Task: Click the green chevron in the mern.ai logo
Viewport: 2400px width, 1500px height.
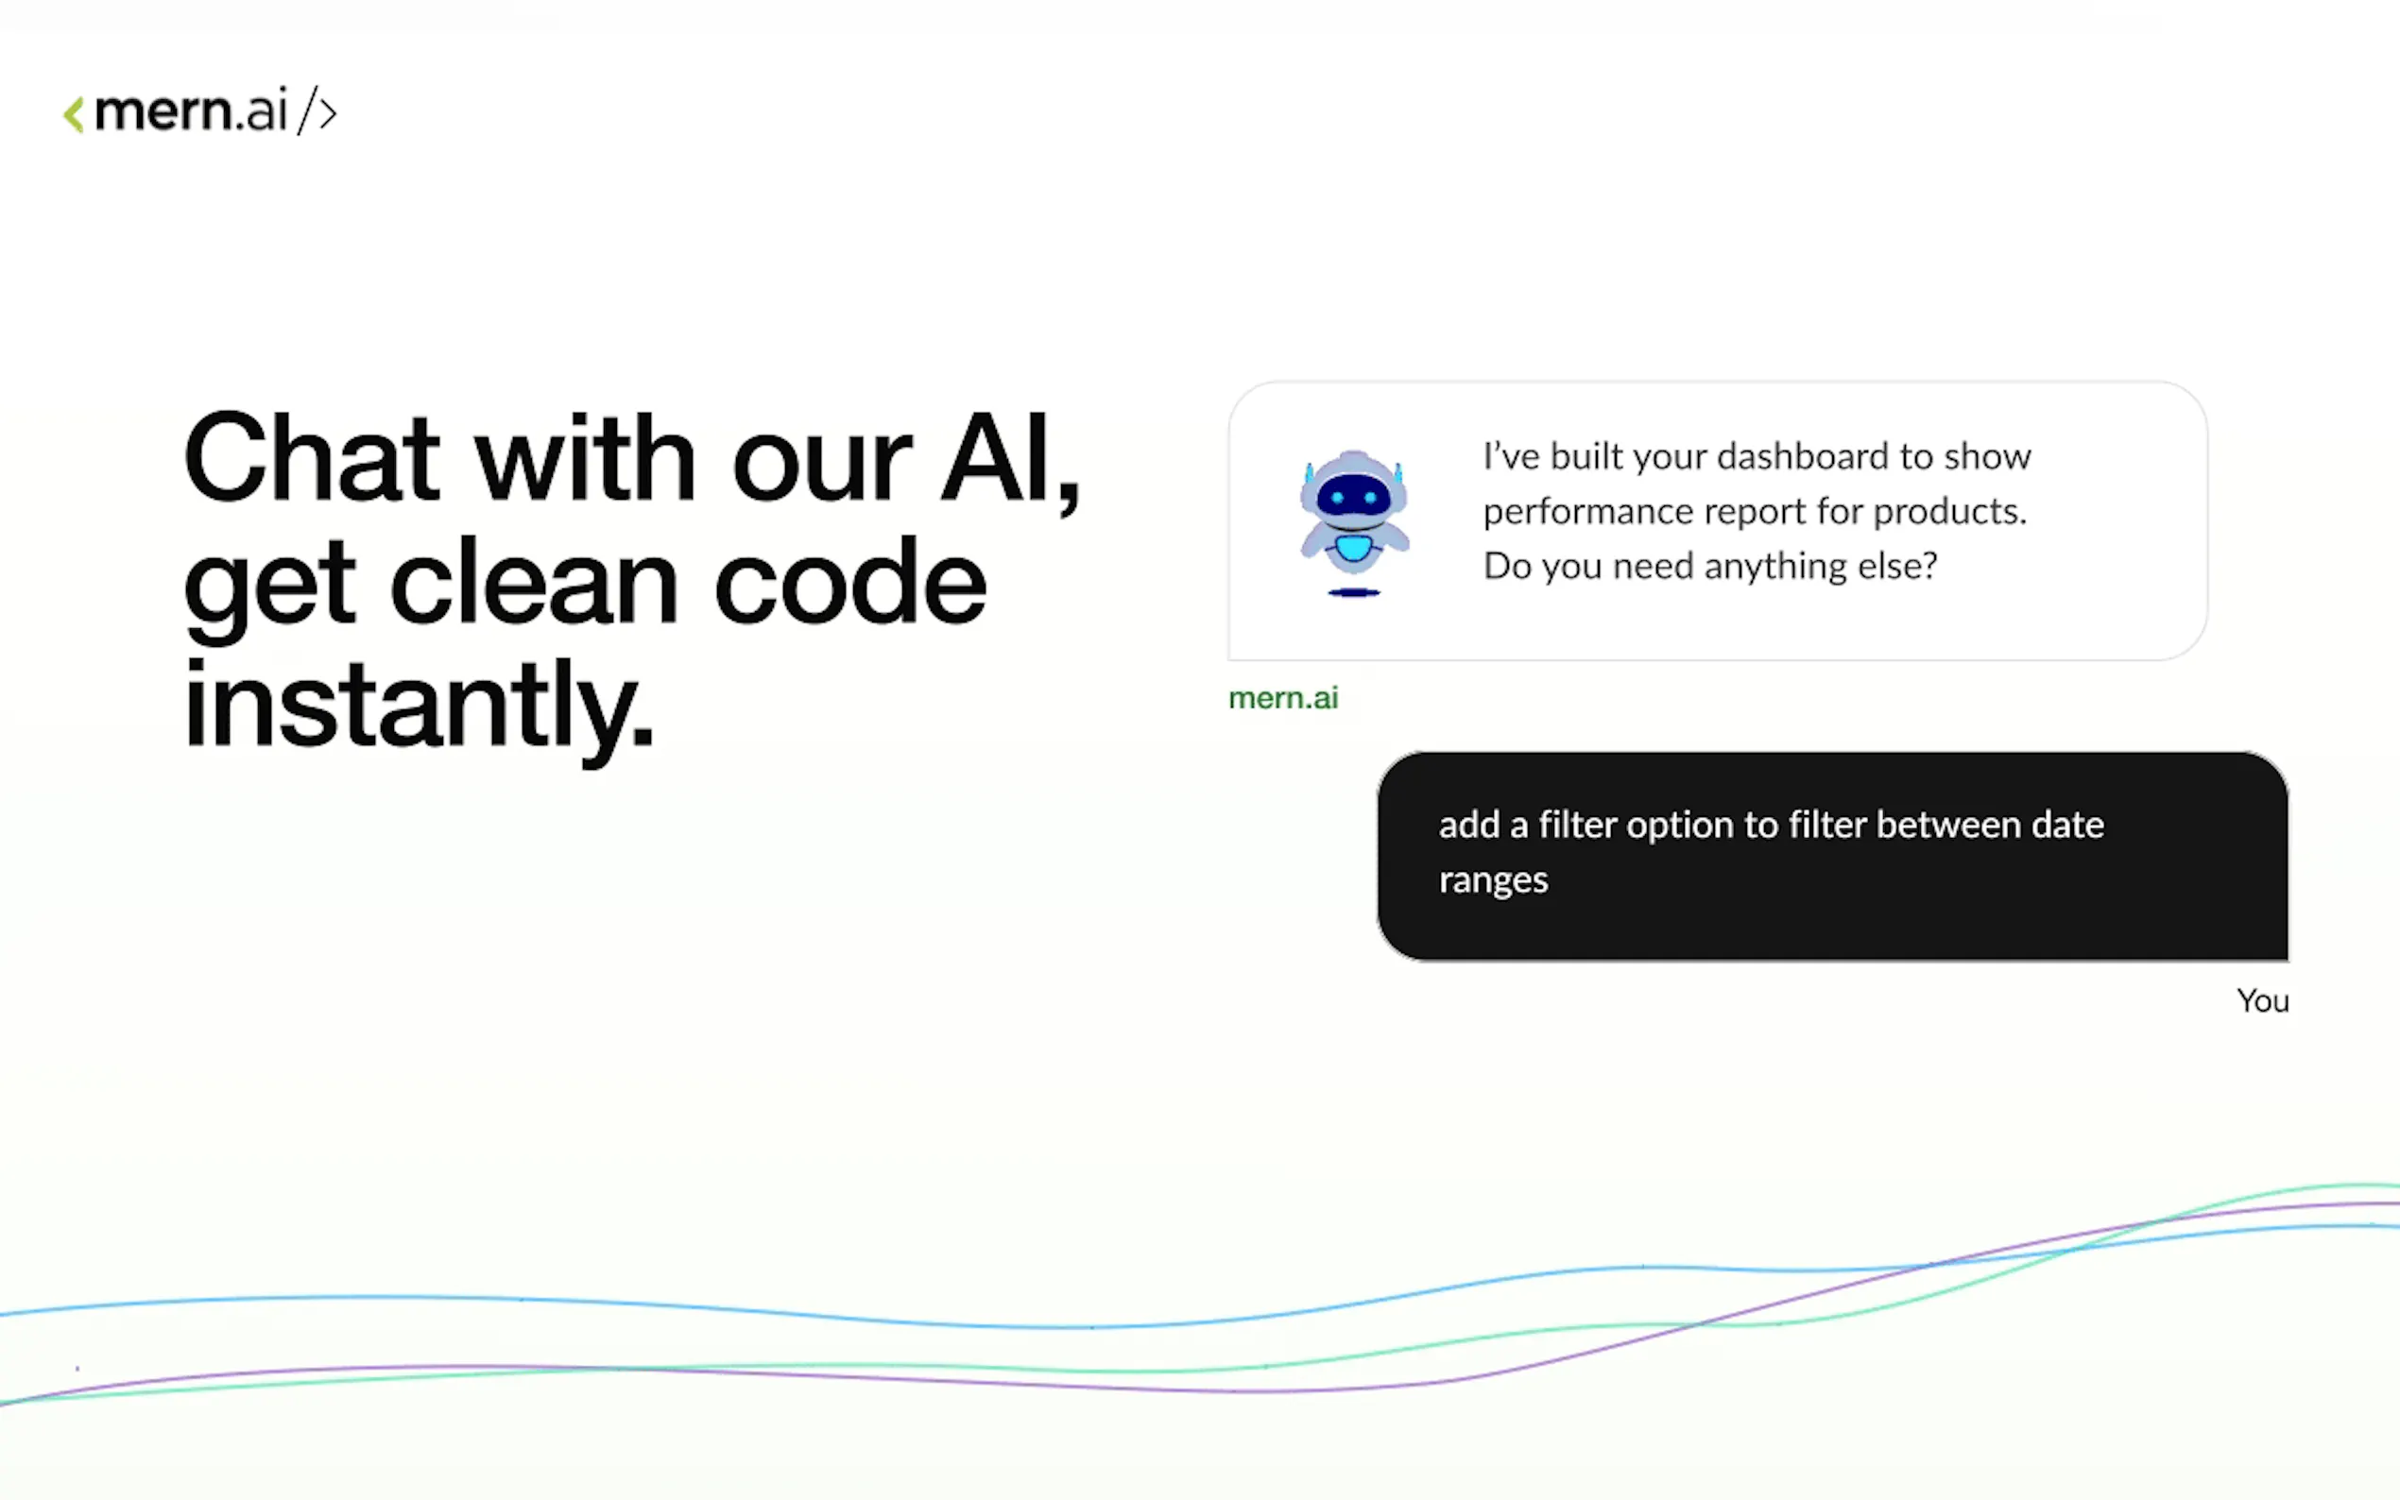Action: (x=74, y=114)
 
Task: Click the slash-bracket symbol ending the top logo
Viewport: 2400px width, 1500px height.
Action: (x=317, y=111)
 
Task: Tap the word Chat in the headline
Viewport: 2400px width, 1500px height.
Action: (x=311, y=457)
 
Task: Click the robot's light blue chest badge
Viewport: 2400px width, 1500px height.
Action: (x=1353, y=548)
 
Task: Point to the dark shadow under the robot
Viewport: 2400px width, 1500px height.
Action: (x=1354, y=593)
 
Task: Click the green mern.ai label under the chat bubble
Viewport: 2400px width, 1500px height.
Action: (x=1283, y=698)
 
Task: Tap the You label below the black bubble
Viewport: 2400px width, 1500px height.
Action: (x=2263, y=1001)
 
